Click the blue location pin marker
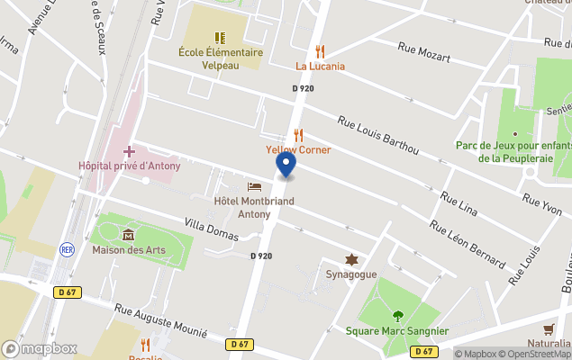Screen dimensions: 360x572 pos(286,164)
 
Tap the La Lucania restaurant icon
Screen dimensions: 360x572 pos(320,52)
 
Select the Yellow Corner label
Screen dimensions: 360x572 pos(298,149)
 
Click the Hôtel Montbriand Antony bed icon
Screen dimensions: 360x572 pos(254,186)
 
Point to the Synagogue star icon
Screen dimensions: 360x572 pos(351,259)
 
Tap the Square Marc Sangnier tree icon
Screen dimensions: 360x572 pos(398,315)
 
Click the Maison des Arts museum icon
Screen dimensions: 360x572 pos(128,235)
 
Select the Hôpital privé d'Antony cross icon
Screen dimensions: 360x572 pos(129,151)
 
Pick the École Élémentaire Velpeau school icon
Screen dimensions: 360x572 pos(220,38)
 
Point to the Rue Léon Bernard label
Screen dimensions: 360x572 pos(467,244)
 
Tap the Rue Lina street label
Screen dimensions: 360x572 pos(459,202)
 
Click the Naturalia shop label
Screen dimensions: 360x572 pos(549,343)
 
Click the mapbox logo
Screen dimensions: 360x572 pos(40,348)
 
